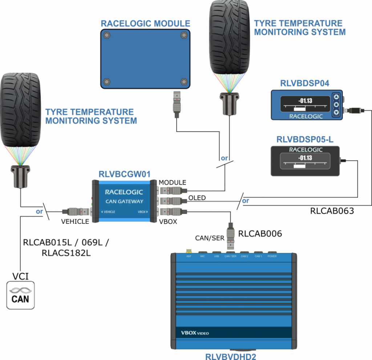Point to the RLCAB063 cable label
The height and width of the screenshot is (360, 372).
[x=332, y=210]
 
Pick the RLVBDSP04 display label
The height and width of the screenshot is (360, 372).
[x=305, y=83]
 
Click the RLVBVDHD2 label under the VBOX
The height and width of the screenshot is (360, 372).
[x=231, y=356]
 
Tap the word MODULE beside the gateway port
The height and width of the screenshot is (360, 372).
[x=173, y=182]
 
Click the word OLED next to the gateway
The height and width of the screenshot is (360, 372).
[x=197, y=198]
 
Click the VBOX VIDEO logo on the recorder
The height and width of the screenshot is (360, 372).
[x=195, y=333]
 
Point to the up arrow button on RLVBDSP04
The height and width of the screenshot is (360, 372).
[x=336, y=97]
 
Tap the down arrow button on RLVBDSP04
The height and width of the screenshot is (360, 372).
[x=336, y=112]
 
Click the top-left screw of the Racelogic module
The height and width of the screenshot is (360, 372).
[x=107, y=36]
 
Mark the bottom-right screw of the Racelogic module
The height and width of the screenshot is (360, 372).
[x=183, y=81]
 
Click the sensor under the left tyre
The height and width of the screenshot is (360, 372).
[x=20, y=176]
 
